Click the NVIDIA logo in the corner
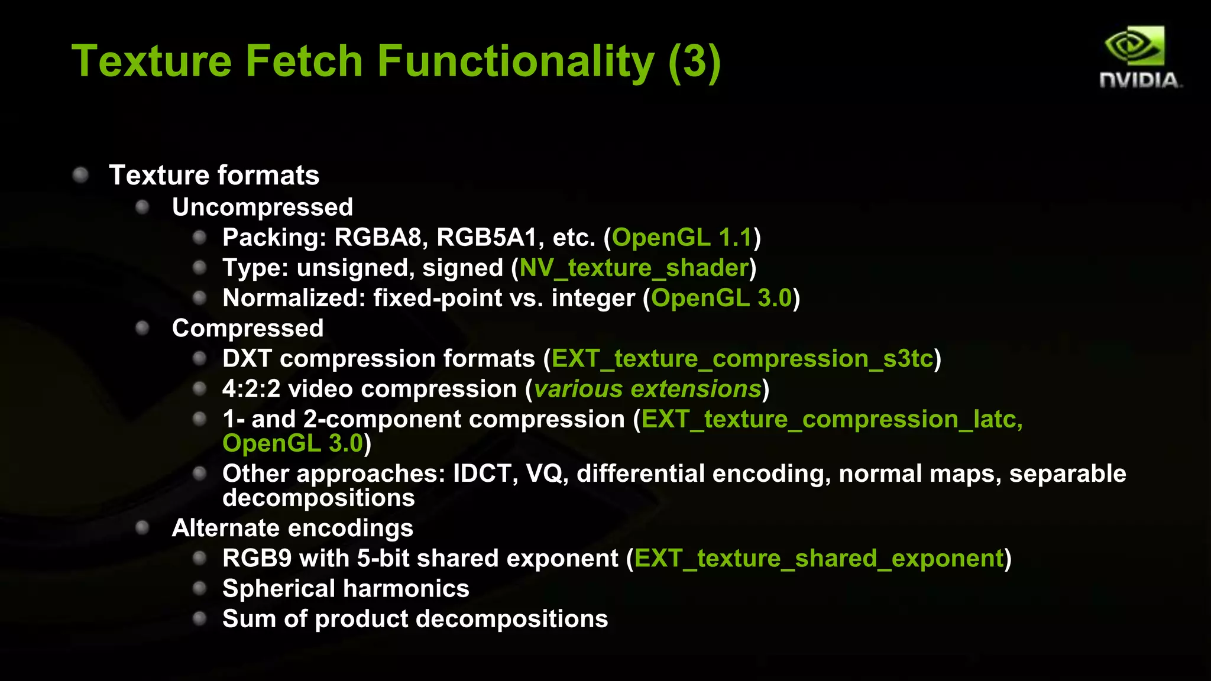(1139, 57)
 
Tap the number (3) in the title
(694, 61)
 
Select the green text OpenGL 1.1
(682, 238)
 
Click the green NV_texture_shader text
(634, 268)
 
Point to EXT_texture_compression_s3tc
(742, 359)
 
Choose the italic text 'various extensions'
(647, 389)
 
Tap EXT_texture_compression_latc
(831, 419)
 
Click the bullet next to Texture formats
(81, 175)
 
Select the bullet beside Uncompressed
(142, 207)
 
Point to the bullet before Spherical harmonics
(200, 588)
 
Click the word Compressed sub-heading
(248, 328)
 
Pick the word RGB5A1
(486, 238)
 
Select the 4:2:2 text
(251, 389)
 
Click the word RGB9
(257, 559)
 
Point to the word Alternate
(220, 528)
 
